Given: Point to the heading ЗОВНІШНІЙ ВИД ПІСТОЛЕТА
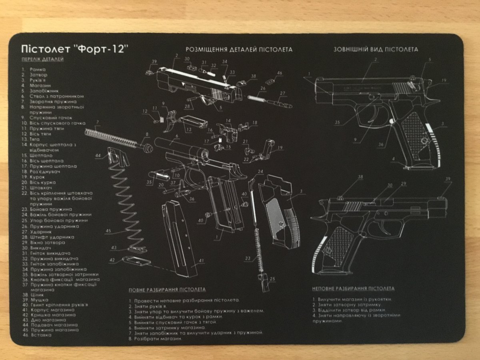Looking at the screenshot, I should (376, 50).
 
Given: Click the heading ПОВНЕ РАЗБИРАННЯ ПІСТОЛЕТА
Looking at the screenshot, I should (167, 289).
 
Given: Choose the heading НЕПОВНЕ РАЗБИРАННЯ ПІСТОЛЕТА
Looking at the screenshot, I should (353, 288).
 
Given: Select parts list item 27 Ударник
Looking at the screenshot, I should (37, 231).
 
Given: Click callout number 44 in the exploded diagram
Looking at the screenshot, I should (98, 155).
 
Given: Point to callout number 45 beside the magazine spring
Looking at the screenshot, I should (108, 231).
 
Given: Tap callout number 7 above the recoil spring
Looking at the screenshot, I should (98, 122).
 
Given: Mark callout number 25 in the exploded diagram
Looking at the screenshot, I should (273, 279).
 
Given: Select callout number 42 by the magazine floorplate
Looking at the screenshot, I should (112, 260).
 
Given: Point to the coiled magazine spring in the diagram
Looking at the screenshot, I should (124, 200).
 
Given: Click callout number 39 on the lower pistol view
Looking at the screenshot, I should (448, 179).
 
